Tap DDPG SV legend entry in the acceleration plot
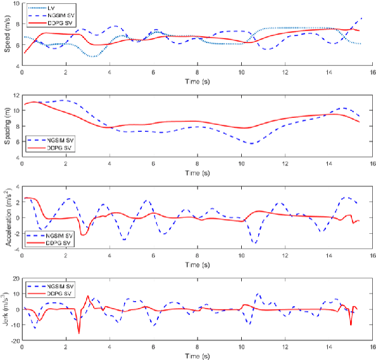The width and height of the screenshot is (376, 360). point(55,244)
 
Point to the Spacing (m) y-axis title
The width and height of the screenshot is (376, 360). point(7,125)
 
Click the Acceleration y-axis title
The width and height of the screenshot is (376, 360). point(7,217)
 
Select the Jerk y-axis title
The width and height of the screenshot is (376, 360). point(7,310)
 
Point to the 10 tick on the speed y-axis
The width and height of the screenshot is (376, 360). point(16,4)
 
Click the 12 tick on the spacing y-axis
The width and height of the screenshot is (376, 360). point(16,95)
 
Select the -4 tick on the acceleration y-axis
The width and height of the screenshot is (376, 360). point(16,248)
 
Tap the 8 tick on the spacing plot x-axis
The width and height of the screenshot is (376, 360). point(197,164)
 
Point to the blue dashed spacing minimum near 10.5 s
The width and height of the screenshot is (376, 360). point(253,144)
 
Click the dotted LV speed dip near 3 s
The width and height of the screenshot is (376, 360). point(92,57)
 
